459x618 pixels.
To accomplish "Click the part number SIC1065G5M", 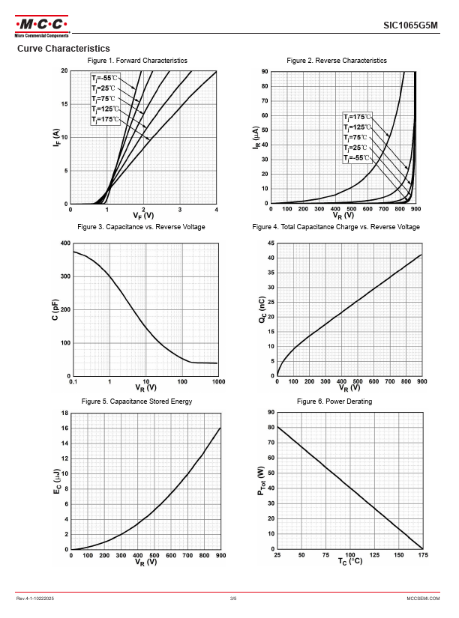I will [x=410, y=25].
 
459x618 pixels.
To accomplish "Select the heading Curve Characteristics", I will [x=63, y=49].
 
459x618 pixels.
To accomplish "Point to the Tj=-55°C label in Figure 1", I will [x=104, y=78].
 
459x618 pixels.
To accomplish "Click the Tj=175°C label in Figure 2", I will [x=356, y=117].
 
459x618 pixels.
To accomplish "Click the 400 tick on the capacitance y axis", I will [x=64, y=243].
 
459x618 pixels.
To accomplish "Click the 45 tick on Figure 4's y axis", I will [x=271, y=243].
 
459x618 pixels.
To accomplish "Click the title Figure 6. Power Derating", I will [x=334, y=402].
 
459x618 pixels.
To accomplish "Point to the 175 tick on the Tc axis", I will [x=422, y=555].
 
